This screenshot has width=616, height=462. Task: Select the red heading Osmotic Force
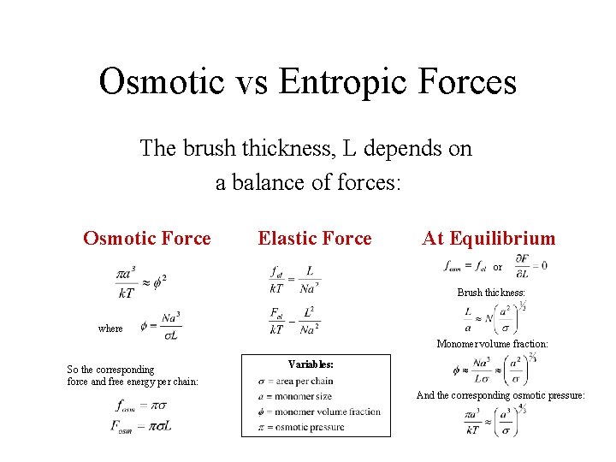click(146, 239)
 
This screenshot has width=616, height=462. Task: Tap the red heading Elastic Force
click(315, 239)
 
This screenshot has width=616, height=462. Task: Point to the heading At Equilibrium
click(489, 239)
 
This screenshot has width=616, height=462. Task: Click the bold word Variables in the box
click(311, 364)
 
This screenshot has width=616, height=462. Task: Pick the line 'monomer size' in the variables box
click(295, 396)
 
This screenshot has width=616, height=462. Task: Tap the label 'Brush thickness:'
click(491, 292)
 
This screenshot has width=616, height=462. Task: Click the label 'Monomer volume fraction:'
click(492, 344)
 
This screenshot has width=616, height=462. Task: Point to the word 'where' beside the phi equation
click(110, 328)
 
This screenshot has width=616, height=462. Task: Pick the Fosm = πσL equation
click(142, 425)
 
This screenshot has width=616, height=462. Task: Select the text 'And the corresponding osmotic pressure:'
click(500, 395)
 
